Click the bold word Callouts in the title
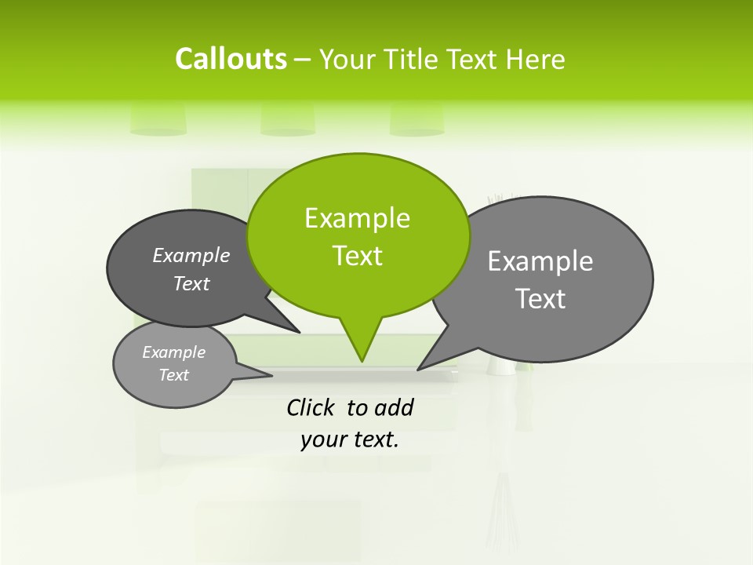coord(231,59)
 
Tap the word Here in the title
coord(537,60)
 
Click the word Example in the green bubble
coord(357,218)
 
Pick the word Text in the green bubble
coord(357,256)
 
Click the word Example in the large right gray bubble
coord(540,261)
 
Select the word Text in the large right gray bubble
coord(540,299)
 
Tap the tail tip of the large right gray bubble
coord(419,369)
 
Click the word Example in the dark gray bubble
coord(191,255)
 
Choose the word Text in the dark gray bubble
coord(191,283)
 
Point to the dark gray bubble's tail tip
coord(299,332)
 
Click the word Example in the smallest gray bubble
coord(173,352)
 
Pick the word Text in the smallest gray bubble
coord(173,375)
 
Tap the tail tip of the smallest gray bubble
coord(271,375)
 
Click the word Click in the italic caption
coord(311,407)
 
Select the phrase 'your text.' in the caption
coord(350,440)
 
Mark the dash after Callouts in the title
coord(303,60)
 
